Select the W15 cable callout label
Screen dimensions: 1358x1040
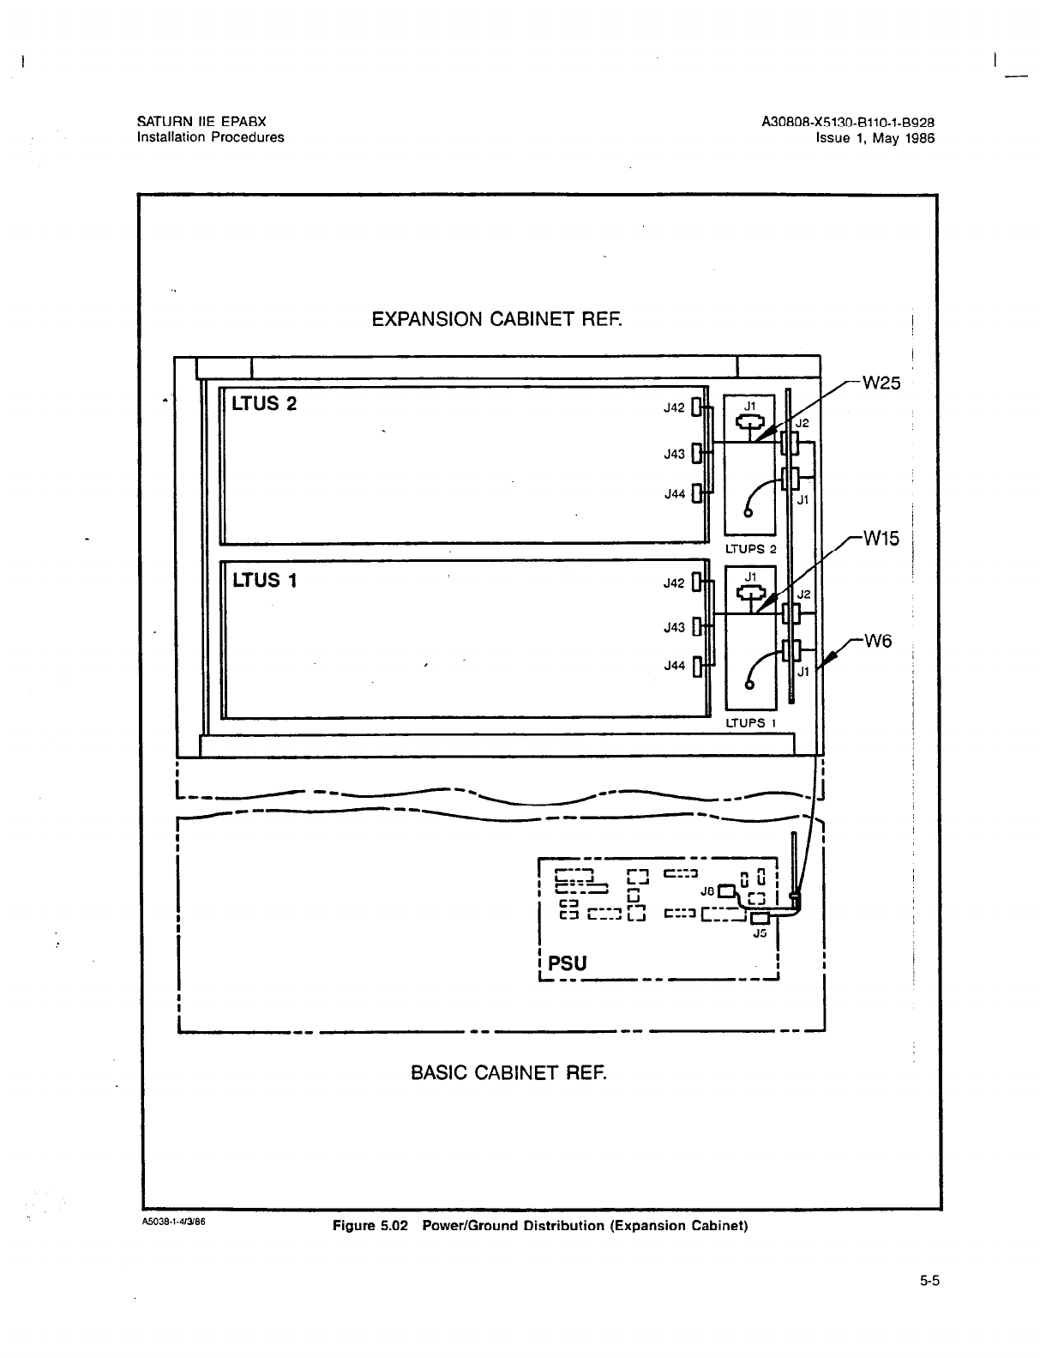(x=881, y=540)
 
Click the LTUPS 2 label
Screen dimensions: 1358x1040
(x=750, y=549)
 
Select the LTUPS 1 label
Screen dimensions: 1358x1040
(x=750, y=723)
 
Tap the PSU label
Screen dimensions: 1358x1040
(x=568, y=963)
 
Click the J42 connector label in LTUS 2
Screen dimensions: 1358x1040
(x=674, y=408)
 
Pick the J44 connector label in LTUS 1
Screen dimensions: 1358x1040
(x=674, y=665)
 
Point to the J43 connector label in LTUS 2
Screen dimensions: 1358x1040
(x=674, y=455)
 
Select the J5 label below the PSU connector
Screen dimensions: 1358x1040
(x=759, y=933)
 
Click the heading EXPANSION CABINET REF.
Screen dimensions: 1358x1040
(x=496, y=320)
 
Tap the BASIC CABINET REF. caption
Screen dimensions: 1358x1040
(x=508, y=1073)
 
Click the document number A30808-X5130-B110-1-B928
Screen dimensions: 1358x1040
(x=847, y=123)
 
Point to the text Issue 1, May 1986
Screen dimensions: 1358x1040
(x=875, y=137)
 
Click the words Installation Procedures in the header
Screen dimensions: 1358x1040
(x=210, y=137)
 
